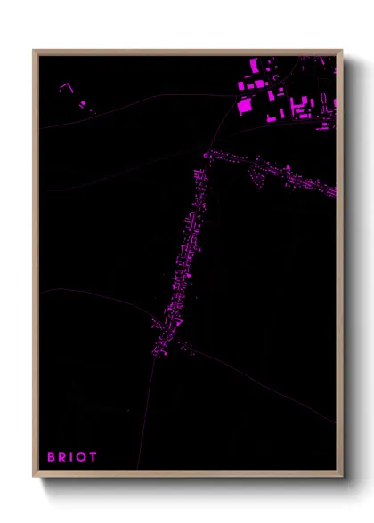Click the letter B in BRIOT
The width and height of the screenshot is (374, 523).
pos(52,456)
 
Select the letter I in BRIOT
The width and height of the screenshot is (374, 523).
pos(72,456)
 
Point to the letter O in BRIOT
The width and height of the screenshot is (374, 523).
pos(82,456)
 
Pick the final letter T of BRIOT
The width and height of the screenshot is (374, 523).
pos(93,456)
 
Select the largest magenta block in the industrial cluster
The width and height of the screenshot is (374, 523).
pos(244,104)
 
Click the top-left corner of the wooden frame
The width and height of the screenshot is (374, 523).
pos(35,51)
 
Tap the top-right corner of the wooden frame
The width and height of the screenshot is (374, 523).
pos(341,51)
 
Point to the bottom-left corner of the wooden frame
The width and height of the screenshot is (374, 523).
pos(35,475)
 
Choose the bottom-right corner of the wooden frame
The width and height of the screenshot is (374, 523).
pos(341,475)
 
